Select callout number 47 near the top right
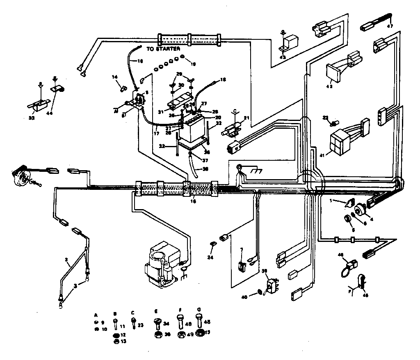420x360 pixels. point(390,26)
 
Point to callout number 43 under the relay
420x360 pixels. point(283,57)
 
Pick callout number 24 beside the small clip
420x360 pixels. point(210,257)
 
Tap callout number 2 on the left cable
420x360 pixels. point(66,260)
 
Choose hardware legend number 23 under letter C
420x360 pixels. point(141,325)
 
